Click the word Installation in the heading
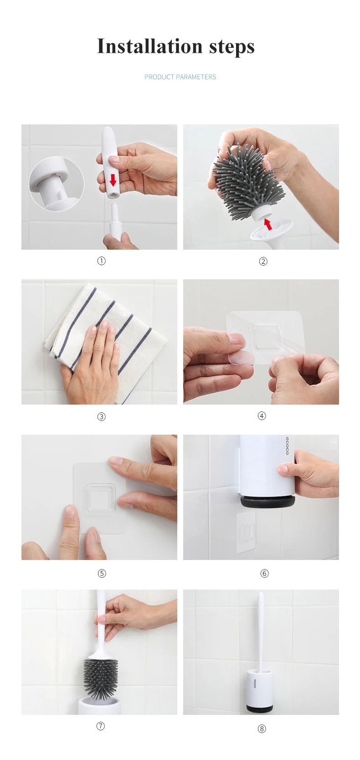(149, 46)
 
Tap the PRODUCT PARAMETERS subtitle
(180, 77)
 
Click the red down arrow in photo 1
(113, 179)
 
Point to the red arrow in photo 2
(268, 224)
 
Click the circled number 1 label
(102, 261)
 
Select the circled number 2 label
(263, 261)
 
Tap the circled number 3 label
(102, 416)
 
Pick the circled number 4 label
(262, 416)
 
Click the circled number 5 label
(102, 573)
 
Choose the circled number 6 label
(265, 573)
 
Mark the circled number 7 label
(100, 726)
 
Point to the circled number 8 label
(262, 729)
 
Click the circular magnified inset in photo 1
(57, 184)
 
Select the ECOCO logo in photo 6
(287, 446)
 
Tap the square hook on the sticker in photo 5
(100, 498)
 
